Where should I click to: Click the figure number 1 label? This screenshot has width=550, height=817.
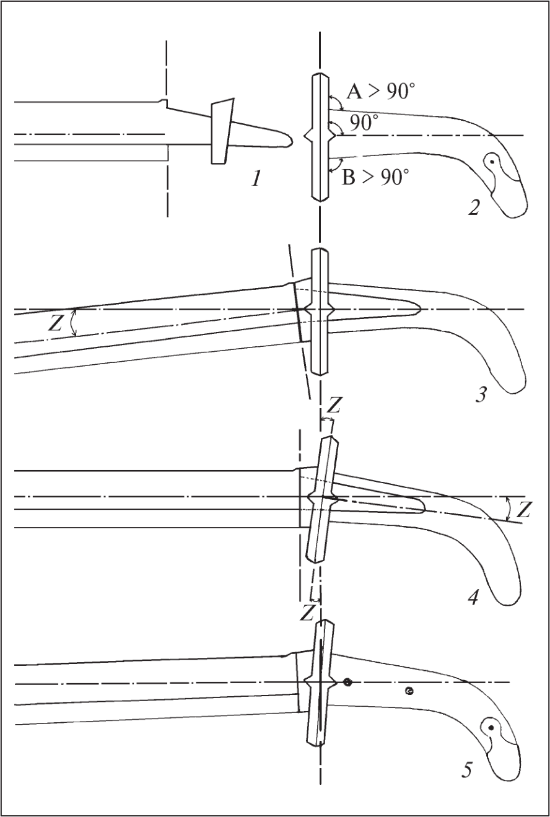click(257, 179)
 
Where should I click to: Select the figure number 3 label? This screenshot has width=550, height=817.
click(481, 395)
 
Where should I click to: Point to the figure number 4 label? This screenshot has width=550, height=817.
click(473, 598)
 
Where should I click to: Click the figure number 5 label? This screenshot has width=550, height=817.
click(467, 770)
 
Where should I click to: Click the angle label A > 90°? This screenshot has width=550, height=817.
click(380, 91)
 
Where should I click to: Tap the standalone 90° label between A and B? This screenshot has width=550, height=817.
click(362, 123)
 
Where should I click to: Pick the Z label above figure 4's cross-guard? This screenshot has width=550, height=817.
click(334, 406)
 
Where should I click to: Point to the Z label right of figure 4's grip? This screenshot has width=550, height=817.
click(523, 510)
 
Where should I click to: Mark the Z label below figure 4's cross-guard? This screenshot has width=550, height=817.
click(307, 613)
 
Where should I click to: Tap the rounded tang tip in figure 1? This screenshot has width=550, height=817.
click(289, 141)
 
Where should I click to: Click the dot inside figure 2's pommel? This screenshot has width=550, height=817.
click(492, 162)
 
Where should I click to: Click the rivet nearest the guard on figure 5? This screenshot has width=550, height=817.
click(347, 683)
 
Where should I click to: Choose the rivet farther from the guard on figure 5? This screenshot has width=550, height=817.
click(409, 690)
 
